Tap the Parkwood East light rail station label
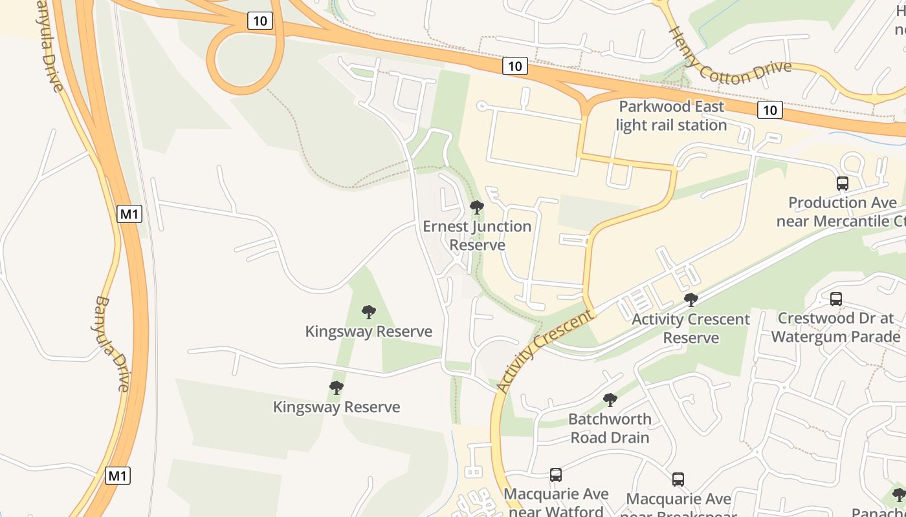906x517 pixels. click(672, 116)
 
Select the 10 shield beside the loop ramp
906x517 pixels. click(260, 21)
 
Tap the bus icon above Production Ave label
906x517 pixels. click(842, 183)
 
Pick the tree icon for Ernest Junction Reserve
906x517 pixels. click(477, 207)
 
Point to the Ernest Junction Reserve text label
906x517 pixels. click(477, 236)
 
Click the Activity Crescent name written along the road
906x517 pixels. click(545, 352)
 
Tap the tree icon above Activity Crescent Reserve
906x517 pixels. click(691, 299)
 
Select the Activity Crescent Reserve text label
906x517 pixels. click(691, 328)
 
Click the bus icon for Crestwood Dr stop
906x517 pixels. click(835, 299)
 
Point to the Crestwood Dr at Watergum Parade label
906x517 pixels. click(835, 328)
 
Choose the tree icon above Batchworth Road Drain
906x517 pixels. click(610, 399)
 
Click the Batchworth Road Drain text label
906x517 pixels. click(610, 428)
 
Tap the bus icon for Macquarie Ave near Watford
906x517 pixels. click(555, 475)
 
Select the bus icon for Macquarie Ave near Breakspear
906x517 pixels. click(678, 480)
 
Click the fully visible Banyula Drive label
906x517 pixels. click(112, 344)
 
